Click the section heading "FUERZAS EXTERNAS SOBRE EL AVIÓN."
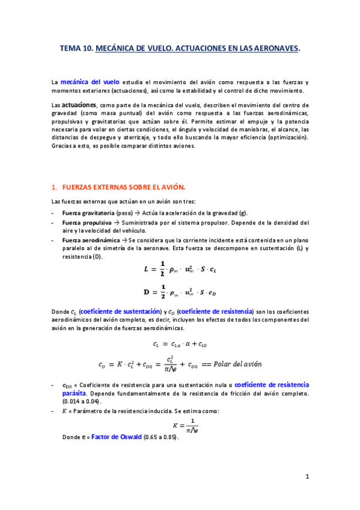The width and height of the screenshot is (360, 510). pyautogui.click(x=124, y=186)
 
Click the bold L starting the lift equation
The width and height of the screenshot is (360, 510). pyautogui.click(x=145, y=270)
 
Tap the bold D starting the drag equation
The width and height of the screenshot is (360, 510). pyautogui.click(x=145, y=293)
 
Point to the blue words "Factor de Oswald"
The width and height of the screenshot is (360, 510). pyautogui.click(x=116, y=437)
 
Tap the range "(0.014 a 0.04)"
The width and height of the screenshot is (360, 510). pyautogui.click(x=82, y=401)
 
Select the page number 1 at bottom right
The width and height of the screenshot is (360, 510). pyautogui.click(x=307, y=477)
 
